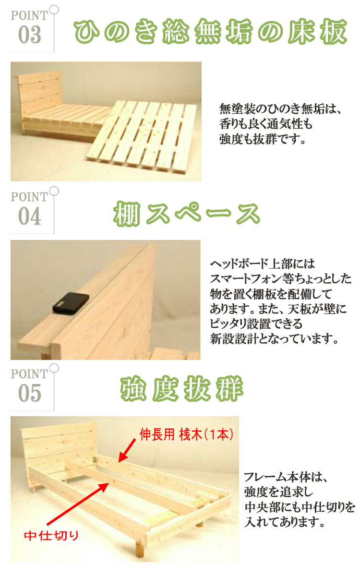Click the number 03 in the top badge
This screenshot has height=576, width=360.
30,35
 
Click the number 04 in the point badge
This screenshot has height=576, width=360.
30,216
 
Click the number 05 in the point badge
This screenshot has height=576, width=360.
30,393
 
